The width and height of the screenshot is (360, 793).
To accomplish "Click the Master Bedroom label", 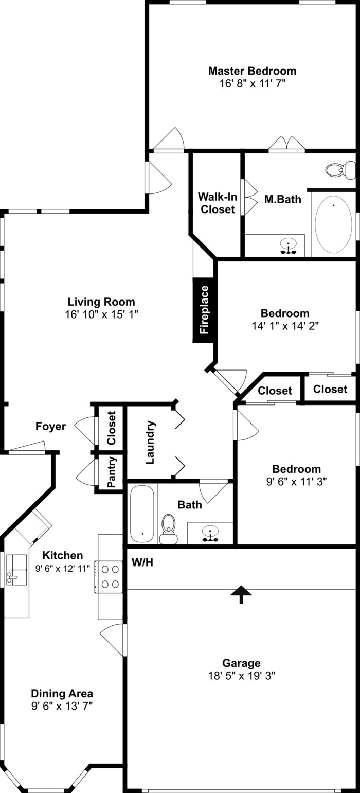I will tap(252, 71).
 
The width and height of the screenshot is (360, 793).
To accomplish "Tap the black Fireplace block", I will tap(204, 310).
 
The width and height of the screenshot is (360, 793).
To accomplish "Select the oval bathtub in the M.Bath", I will tap(333, 224).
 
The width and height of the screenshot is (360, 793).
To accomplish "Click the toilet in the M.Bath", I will tap(340, 169).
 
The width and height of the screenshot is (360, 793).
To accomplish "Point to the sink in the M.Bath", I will tap(288, 246).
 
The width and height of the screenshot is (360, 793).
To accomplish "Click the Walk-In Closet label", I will tap(218, 203).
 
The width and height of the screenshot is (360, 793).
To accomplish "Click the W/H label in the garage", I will tap(142, 562).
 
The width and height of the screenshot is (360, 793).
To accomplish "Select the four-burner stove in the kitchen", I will tap(110, 576).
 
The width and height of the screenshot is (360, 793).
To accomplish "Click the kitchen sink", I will tap(16, 570).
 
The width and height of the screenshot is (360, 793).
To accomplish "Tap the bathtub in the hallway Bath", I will tap(142, 514).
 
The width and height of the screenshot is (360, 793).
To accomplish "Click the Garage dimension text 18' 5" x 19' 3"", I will tap(241, 676).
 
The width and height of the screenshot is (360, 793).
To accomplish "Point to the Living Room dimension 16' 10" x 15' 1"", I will tap(102, 314).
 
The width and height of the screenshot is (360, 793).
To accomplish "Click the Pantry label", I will tap(112, 472).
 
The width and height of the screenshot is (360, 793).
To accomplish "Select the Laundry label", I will tap(150, 443).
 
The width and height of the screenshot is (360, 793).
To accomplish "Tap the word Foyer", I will tap(50, 426).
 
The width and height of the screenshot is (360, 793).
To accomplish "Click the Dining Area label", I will tap(62, 693).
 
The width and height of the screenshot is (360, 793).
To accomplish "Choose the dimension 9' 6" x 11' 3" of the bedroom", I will tap(296, 481).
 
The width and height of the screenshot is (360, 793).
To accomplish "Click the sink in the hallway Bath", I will tap(210, 533).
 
